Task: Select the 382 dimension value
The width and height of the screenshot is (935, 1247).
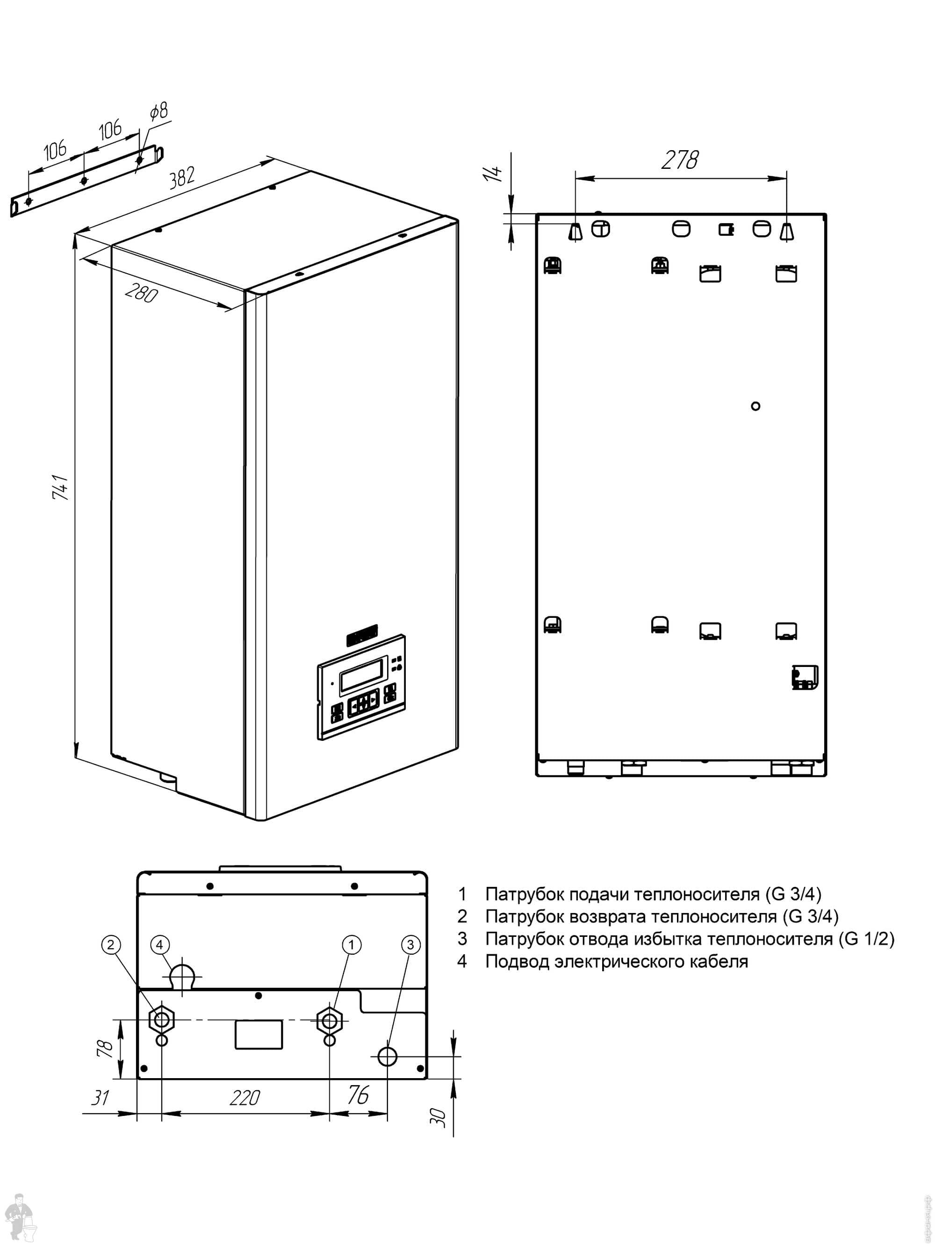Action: pyautogui.click(x=182, y=176)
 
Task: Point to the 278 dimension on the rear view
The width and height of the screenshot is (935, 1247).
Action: pyautogui.click(x=680, y=160)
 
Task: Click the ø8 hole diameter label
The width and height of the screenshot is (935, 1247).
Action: pyautogui.click(x=159, y=111)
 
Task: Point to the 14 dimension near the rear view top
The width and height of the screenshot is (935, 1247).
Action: pyautogui.click(x=493, y=173)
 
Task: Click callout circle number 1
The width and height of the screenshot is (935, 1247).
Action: pyautogui.click(x=352, y=945)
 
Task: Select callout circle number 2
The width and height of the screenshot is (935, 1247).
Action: pyautogui.click(x=110, y=945)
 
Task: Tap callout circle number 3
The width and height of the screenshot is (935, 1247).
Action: pyautogui.click(x=410, y=945)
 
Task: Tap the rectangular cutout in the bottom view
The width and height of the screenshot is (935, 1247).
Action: pyautogui.click(x=259, y=1035)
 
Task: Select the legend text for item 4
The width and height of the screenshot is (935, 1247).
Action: pyautogui.click(x=616, y=961)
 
